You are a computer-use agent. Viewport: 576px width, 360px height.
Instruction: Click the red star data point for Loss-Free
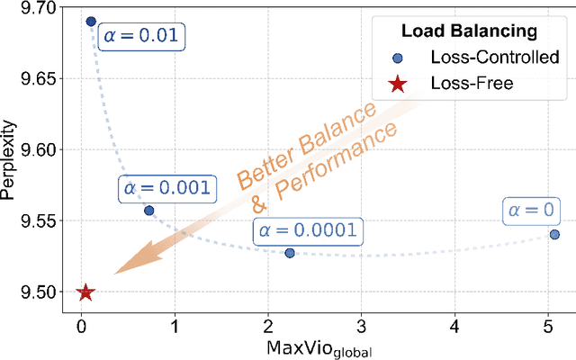point(85,292)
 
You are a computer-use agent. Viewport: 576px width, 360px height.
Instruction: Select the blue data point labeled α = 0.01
point(91,22)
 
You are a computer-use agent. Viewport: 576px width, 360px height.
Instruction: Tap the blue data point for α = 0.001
point(149,211)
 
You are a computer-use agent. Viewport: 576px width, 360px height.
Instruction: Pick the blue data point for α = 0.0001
point(290,253)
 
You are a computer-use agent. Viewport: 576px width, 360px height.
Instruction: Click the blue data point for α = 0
point(554,234)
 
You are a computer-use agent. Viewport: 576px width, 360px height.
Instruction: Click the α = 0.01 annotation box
point(142,38)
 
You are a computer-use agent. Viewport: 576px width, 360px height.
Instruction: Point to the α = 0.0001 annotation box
point(307,229)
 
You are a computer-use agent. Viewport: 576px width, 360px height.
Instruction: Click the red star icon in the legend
point(398,84)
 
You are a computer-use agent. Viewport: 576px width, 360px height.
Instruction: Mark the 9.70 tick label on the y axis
point(36,8)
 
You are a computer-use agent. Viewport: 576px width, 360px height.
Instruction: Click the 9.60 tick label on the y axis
point(36,150)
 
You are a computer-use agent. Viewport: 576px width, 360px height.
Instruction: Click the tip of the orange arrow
point(116,274)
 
